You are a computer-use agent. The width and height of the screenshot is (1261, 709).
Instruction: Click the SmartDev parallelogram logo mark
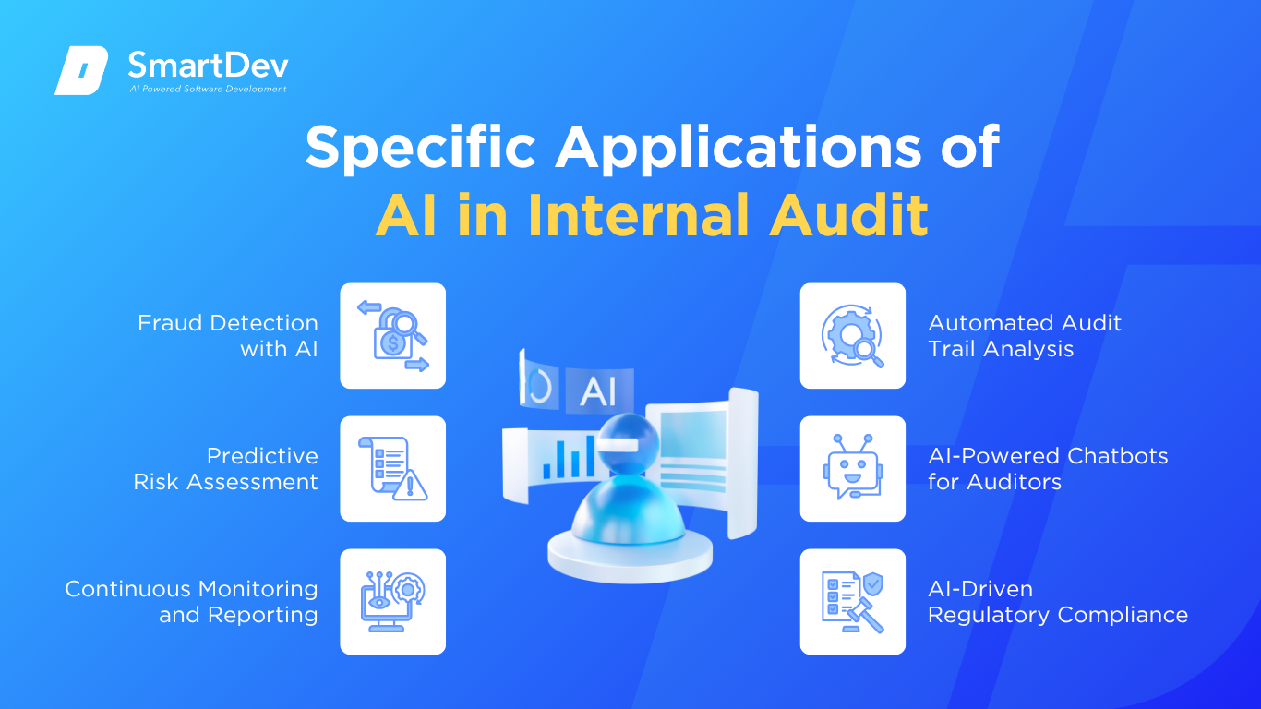(x=81, y=70)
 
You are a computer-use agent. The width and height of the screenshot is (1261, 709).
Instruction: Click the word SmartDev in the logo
(x=209, y=66)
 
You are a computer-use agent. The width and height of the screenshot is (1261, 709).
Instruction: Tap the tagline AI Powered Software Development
(x=208, y=89)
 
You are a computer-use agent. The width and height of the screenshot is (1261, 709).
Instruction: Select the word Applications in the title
(x=738, y=148)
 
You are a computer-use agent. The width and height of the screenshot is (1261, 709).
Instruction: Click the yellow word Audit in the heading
(x=848, y=215)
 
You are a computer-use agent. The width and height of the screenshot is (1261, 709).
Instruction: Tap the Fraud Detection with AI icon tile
(x=393, y=336)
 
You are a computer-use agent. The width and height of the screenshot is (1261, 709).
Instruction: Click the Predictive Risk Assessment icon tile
(x=393, y=469)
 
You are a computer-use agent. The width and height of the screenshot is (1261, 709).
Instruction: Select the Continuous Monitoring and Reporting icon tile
(x=393, y=601)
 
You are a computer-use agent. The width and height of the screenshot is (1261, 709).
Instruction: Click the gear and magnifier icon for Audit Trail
(x=853, y=336)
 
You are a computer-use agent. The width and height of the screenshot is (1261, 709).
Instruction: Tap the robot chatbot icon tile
(x=853, y=469)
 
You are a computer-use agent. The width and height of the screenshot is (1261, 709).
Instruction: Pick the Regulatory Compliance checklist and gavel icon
(x=853, y=601)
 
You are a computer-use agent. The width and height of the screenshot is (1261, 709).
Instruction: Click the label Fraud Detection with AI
(x=228, y=336)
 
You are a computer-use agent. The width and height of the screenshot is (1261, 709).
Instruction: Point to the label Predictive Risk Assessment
(x=226, y=469)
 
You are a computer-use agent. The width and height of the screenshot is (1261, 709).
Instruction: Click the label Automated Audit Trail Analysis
(x=1025, y=336)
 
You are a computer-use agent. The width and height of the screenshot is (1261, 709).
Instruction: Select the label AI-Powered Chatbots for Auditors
(x=1048, y=469)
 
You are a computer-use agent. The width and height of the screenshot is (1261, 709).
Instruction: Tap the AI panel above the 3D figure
(x=600, y=391)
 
